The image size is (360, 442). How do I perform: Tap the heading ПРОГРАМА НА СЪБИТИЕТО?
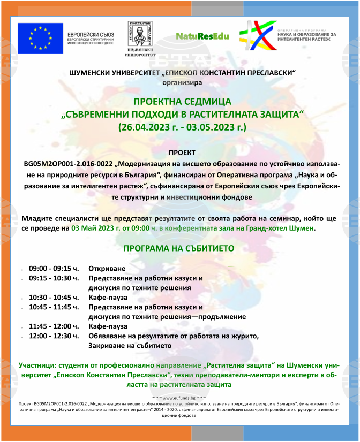[x=178, y=249]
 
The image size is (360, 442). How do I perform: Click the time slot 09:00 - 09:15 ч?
[x=54, y=268]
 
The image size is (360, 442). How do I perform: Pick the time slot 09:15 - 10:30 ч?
[x=54, y=278]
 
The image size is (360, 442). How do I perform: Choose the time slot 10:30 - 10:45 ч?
[x=54, y=298]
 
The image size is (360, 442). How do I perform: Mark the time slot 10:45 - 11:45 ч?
[x=54, y=307]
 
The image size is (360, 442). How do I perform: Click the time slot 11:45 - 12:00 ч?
[x=54, y=326]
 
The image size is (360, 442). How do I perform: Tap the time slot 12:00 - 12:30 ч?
[x=54, y=336]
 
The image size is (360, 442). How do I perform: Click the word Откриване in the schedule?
[x=107, y=268]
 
